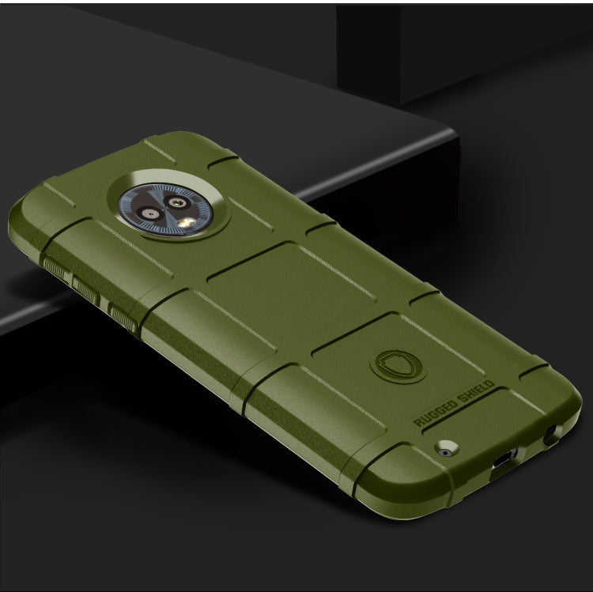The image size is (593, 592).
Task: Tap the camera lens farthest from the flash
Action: pos(148,212)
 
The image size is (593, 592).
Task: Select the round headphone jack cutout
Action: pos(550,433)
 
